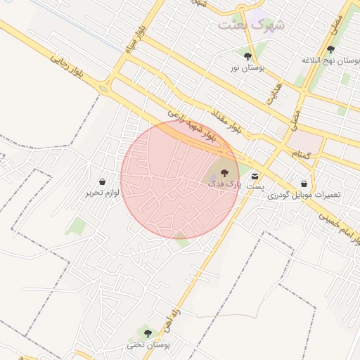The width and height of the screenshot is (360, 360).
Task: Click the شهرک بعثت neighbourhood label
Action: [252, 25]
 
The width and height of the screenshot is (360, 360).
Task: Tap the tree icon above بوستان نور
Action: [247, 56]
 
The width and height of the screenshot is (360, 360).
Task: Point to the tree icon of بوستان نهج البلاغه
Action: [330, 49]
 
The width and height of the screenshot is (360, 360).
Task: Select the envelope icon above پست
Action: [255, 175]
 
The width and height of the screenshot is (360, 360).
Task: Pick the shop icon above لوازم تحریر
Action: [103, 181]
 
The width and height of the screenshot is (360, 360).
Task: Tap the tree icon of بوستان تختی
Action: [147, 333]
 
